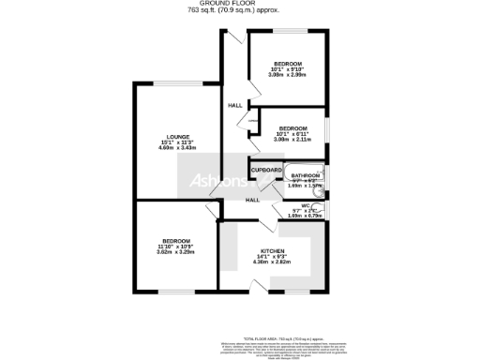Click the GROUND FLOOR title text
point(240,5)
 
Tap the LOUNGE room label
point(176,137)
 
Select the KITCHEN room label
point(271,251)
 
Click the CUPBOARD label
point(267,170)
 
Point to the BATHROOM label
point(306,175)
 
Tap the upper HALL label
point(234,105)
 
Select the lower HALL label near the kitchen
point(252,200)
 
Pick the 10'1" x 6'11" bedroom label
point(292,128)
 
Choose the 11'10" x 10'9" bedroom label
point(175,241)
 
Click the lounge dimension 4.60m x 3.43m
point(176,148)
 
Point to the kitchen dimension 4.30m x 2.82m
point(271,262)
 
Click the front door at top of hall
point(231,37)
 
